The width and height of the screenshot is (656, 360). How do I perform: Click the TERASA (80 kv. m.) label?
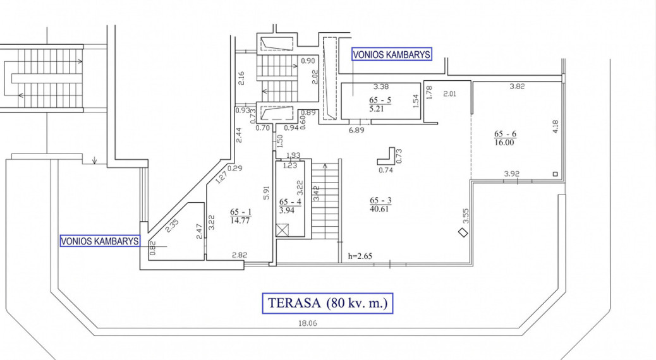click(x=327, y=303)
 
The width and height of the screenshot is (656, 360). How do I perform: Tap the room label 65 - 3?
click(x=380, y=200)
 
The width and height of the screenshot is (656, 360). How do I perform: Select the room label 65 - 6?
click(x=505, y=134)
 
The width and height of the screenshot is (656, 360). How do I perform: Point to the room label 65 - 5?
click(x=380, y=100)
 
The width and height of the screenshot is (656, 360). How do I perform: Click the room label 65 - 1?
click(x=241, y=212)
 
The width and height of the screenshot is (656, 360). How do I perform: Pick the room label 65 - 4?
click(x=290, y=202)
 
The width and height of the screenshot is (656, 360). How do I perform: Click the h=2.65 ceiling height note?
click(x=360, y=256)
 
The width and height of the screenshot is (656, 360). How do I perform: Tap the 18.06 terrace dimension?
click(x=308, y=323)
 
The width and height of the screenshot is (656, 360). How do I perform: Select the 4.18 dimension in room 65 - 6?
click(x=555, y=127)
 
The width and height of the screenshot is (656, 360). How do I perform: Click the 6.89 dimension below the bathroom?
click(x=356, y=130)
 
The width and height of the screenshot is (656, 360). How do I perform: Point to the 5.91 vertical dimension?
click(x=266, y=193)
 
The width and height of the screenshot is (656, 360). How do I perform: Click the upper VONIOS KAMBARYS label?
click(x=391, y=55)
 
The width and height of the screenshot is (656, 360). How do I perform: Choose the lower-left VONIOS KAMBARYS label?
click(x=100, y=241)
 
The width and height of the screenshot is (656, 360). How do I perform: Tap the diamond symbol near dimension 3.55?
click(x=463, y=232)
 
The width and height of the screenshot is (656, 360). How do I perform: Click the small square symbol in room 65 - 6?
click(x=555, y=174)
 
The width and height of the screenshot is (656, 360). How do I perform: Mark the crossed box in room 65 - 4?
click(x=283, y=231)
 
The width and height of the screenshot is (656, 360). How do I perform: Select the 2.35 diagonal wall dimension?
click(x=171, y=225)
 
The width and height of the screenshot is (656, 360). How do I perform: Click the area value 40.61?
click(x=379, y=208)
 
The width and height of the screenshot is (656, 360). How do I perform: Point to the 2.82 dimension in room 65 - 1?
click(x=240, y=255)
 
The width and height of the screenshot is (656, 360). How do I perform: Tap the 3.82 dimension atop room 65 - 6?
click(x=517, y=87)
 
